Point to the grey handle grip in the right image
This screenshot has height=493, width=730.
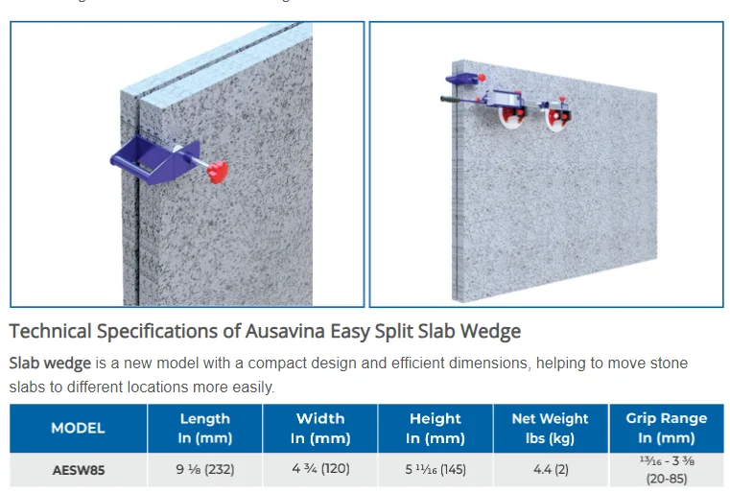pos(458,98)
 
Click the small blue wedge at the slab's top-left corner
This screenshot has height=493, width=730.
pos(461,75)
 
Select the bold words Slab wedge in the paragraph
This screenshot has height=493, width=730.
pos(49,364)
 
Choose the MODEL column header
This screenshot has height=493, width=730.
pos(78,428)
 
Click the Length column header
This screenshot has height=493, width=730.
pos(204,428)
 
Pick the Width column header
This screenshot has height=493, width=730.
pos(319,428)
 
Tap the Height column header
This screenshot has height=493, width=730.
pos(435,428)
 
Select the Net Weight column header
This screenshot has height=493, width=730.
pos(550,428)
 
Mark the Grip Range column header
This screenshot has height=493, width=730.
pos(666,428)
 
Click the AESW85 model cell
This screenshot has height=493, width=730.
pos(78,470)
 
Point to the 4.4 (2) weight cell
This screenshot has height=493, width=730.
pos(550,470)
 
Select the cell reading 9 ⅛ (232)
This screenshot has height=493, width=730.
pos(204,470)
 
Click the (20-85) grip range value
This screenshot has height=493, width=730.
pos(666,478)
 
